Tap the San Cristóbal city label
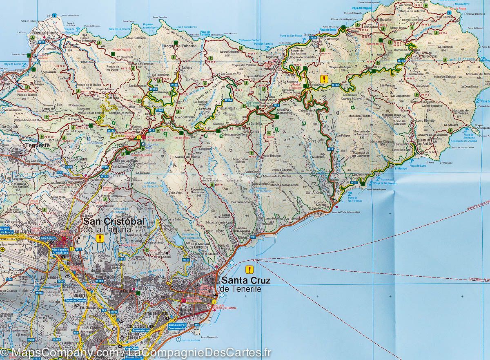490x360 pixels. click(x=114, y=221)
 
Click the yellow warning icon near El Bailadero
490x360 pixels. click(x=324, y=79)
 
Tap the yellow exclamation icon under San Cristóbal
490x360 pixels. click(x=98, y=238)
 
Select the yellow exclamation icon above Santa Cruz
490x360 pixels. click(x=249, y=269)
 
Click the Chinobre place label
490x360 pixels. click(x=370, y=65)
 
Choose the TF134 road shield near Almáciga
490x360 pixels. click(x=325, y=37)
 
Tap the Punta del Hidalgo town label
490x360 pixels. click(x=46, y=33)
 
